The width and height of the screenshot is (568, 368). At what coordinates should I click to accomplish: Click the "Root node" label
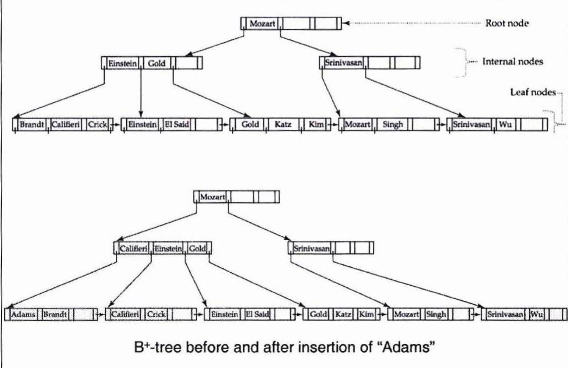[x=506, y=23]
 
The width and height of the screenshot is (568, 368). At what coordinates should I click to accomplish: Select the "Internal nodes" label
[x=512, y=61]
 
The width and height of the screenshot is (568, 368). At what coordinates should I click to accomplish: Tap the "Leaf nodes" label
[x=533, y=92]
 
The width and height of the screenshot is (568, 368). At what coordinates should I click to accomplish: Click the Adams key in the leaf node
[x=23, y=314]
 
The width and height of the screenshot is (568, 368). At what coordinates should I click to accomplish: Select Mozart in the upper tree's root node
[x=262, y=24]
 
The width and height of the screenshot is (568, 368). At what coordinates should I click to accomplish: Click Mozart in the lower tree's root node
[x=213, y=197]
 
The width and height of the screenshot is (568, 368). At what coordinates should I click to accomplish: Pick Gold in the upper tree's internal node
[x=157, y=63]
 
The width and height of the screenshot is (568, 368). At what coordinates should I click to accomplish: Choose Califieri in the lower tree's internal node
[x=133, y=249]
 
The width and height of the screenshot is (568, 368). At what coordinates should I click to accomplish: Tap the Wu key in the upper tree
[x=505, y=124]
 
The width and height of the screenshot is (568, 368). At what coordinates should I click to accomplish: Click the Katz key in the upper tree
[x=283, y=124]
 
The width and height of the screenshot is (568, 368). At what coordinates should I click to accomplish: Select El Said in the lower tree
[x=257, y=315]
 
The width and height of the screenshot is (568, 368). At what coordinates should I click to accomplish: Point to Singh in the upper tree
[x=393, y=124]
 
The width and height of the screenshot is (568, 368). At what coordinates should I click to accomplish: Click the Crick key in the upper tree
[x=98, y=124]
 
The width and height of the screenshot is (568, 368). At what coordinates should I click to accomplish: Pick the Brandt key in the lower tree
[x=55, y=314]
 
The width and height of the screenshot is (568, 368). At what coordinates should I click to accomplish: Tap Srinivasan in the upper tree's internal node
[x=343, y=63]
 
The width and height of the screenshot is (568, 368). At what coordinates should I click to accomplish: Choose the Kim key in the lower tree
[x=366, y=315]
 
